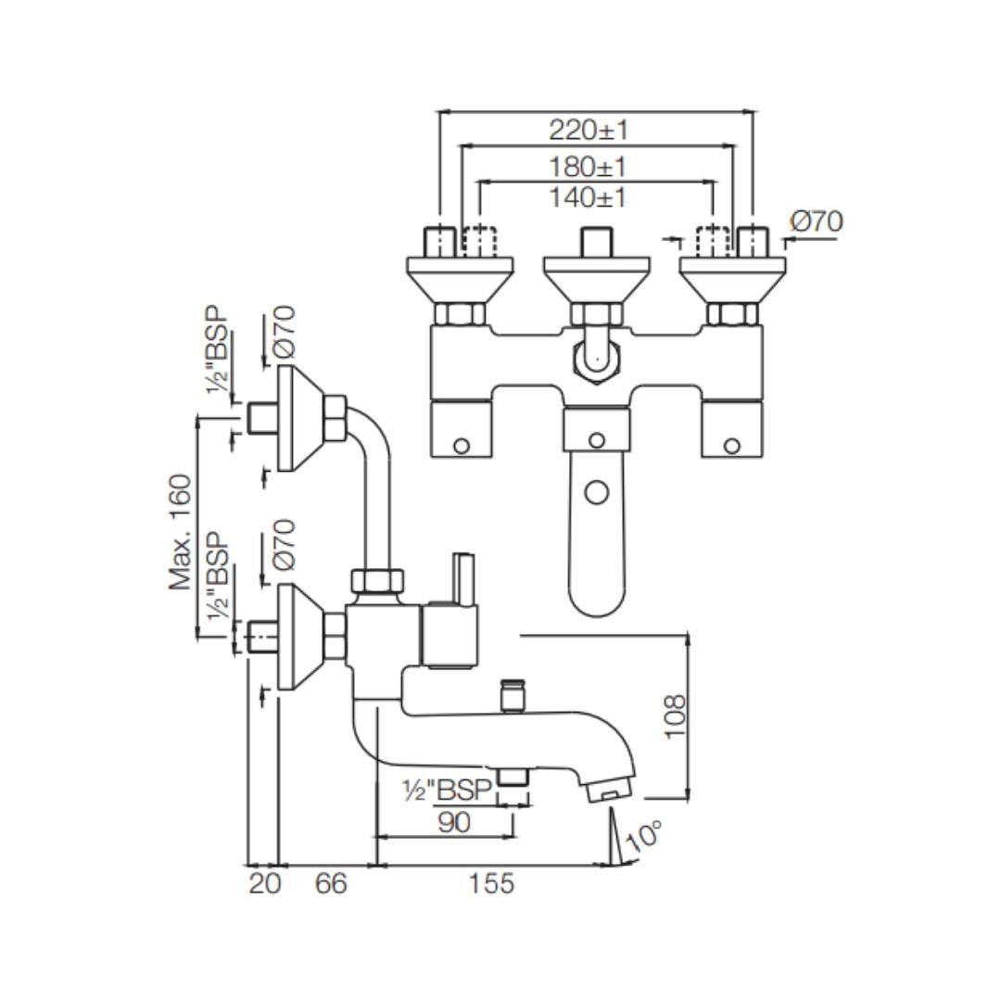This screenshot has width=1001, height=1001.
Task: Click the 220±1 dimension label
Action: (x=588, y=129)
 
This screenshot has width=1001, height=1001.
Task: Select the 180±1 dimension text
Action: (x=588, y=167)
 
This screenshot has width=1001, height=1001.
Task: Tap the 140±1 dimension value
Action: (x=588, y=197)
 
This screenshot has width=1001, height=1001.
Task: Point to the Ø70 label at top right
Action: (x=817, y=222)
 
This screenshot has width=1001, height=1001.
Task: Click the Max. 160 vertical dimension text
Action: (x=181, y=532)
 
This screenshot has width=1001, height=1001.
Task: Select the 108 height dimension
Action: (x=675, y=716)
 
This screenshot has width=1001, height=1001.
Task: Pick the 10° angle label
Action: (x=644, y=836)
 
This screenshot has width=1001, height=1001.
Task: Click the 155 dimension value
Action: (x=490, y=883)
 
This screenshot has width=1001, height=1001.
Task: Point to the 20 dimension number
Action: (x=264, y=883)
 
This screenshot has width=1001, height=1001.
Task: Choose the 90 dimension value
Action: (x=453, y=822)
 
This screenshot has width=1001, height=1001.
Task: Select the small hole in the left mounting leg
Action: (x=461, y=446)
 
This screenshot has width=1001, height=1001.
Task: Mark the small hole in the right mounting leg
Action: (x=731, y=446)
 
